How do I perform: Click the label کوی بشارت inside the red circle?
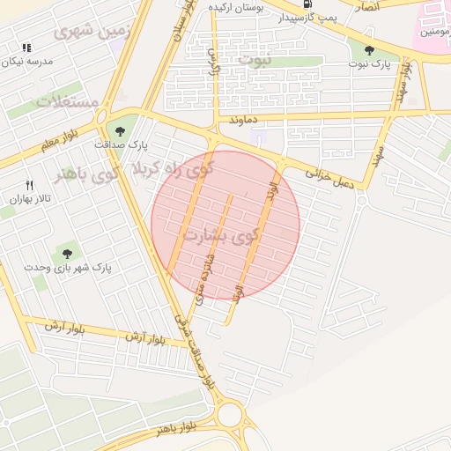221,236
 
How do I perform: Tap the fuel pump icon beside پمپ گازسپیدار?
307,4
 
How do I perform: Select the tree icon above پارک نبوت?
367,50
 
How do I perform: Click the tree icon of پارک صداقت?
120,131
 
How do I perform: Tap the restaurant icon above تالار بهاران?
29,185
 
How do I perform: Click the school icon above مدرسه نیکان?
26,47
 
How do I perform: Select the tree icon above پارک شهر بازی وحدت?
67,254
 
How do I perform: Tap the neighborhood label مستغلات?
67,101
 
